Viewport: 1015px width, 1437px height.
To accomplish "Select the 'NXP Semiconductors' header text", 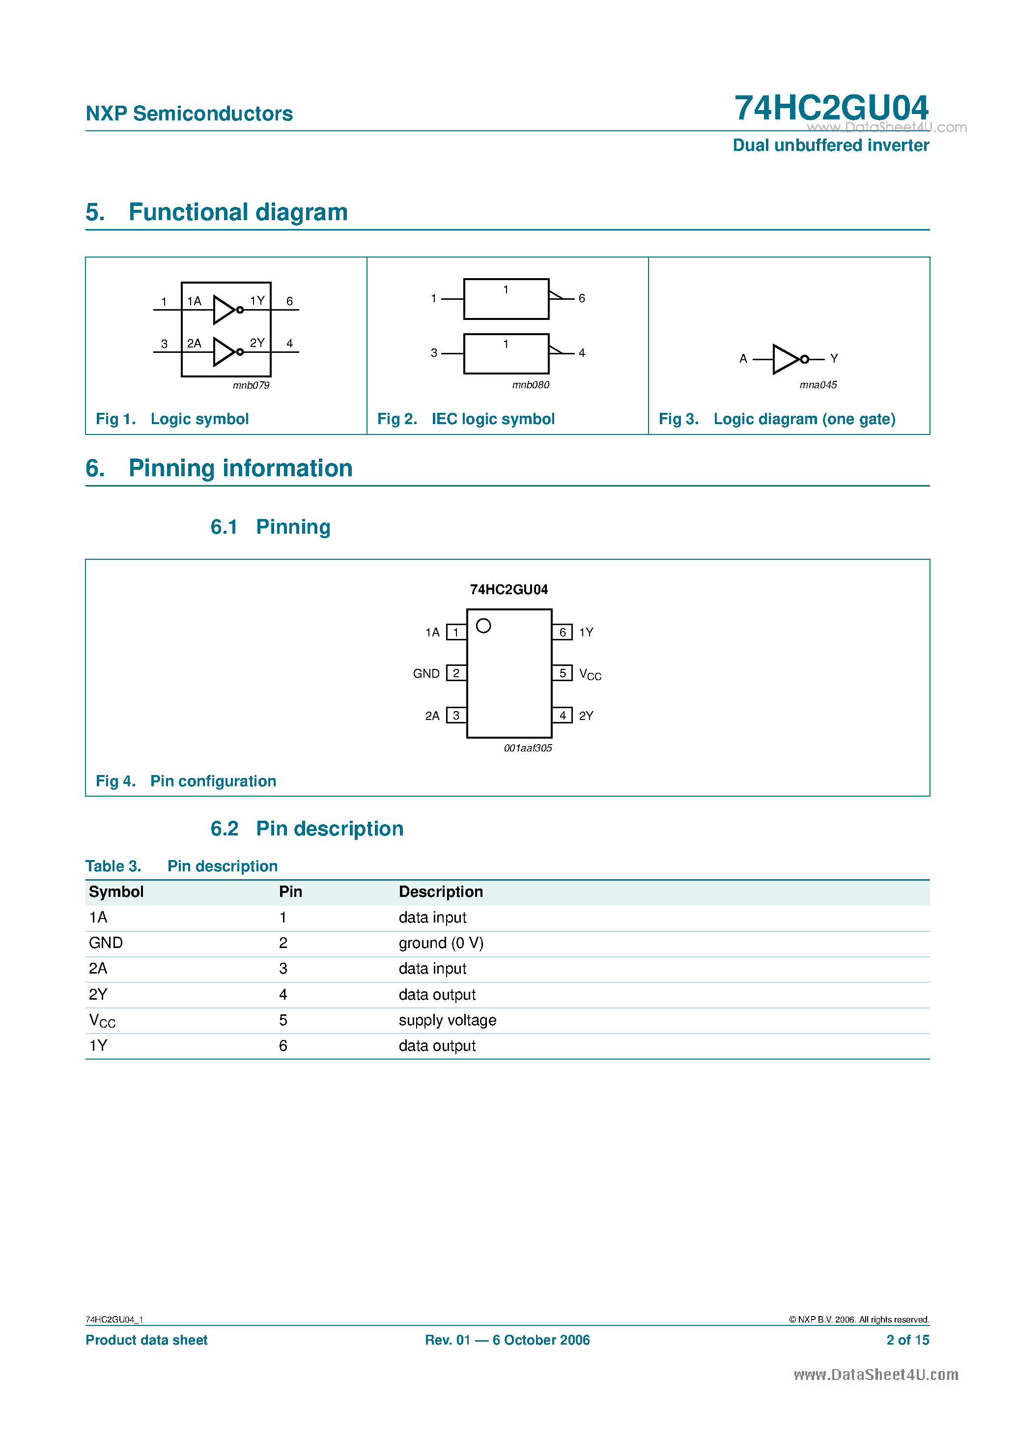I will pos(189,114).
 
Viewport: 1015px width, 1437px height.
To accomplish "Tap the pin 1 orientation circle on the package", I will pos(483,625).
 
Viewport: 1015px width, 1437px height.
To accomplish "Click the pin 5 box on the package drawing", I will pos(562,673).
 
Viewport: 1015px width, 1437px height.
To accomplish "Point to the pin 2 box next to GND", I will pos(456,673).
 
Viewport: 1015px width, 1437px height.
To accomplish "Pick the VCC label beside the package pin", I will pos(590,674).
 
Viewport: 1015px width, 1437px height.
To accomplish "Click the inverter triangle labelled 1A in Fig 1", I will pos(224,309).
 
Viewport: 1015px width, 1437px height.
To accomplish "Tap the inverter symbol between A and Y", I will pos(787,359).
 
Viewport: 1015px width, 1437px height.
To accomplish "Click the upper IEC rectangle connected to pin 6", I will pos(506,298).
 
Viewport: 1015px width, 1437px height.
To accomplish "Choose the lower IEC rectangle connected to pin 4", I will pos(506,354).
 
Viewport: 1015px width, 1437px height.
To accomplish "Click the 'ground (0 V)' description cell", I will pos(441,943).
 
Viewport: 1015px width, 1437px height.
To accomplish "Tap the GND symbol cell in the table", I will pos(106,943).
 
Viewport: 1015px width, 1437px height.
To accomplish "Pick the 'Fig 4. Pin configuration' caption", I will pos(186,780).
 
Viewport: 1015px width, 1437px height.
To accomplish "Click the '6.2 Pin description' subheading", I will pos(307,828).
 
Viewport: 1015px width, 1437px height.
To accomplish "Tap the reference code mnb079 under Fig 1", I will pos(251,385).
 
